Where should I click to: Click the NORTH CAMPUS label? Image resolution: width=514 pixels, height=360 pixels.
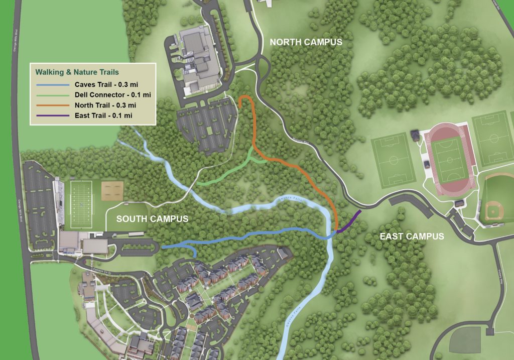pos(306,42)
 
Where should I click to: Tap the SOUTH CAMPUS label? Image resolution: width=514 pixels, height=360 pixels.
pos(152,219)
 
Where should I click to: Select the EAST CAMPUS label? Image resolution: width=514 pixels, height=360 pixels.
pos(412,236)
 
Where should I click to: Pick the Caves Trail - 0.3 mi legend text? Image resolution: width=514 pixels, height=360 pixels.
pos(103,84)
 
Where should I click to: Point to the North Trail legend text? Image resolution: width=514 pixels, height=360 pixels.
pos(105,105)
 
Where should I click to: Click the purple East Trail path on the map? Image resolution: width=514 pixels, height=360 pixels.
pos(349,222)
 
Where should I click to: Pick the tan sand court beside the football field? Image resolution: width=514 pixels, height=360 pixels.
pos(113,190)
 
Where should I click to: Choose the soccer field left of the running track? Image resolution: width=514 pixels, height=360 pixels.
pos(395,160)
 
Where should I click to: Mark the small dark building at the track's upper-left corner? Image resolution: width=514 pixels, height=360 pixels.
pos(416,135)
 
